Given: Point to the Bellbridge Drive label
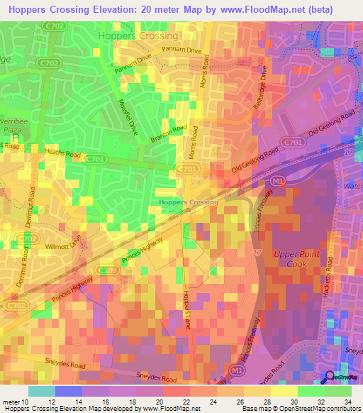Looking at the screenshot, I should pyautogui.click(x=263, y=89).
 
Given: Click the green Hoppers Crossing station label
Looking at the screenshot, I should pyautogui.click(x=189, y=202).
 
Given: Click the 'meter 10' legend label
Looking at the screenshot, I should pyautogui.click(x=15, y=401).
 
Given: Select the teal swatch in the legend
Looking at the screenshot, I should pyautogui.click(x=41, y=391).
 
